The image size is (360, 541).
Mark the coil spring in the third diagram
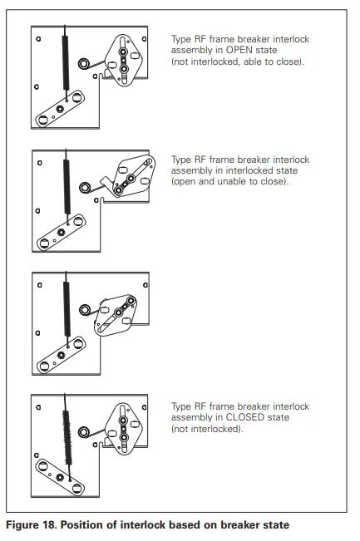[65, 307]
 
